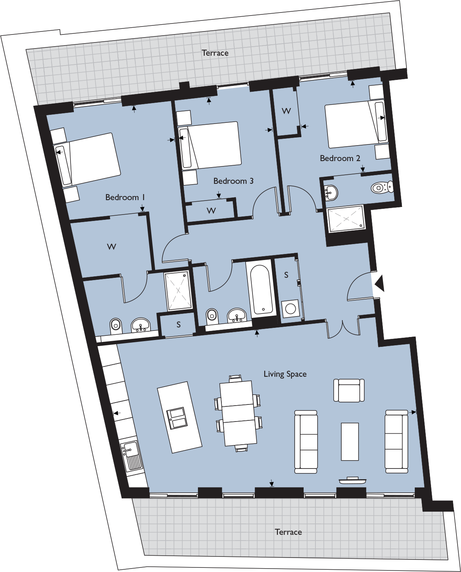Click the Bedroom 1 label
tap(125, 197)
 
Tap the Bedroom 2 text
tap(340, 158)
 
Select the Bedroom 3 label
tap(233, 181)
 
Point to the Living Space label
tap(285, 374)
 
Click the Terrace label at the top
tap(215, 53)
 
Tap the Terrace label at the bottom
tap(288, 532)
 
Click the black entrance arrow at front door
tap(379, 283)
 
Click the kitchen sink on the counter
tap(131, 456)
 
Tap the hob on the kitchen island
tap(177, 418)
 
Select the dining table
tap(238, 413)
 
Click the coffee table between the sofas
tap(350, 442)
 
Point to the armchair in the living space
tap(349, 390)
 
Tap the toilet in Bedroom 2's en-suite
tap(382, 187)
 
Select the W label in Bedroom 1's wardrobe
tap(111, 247)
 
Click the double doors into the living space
tap(343, 328)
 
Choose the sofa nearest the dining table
tap(306, 442)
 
